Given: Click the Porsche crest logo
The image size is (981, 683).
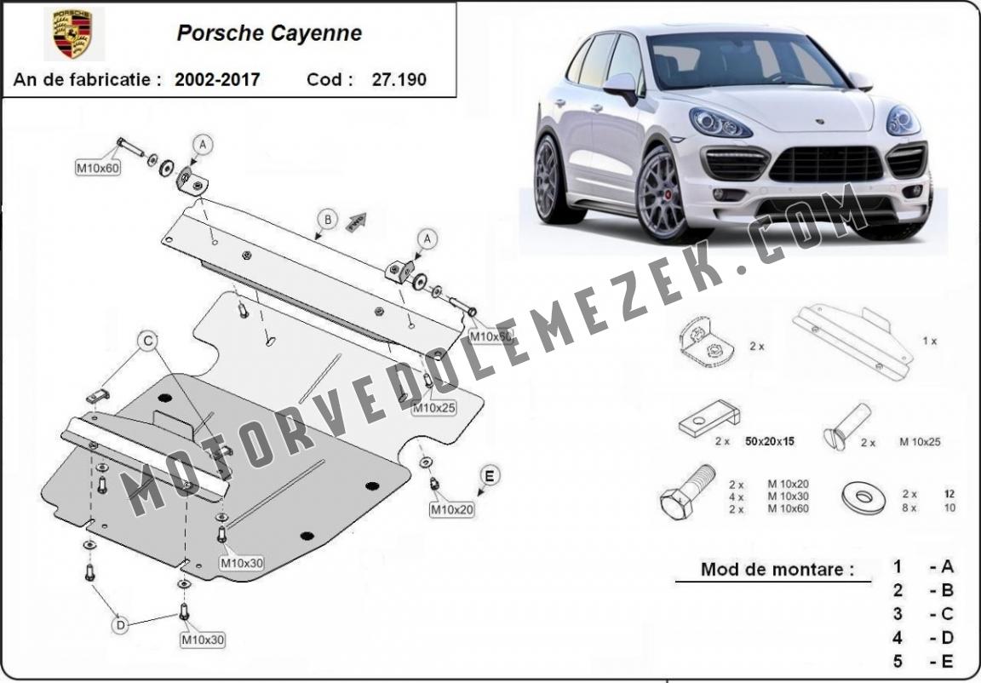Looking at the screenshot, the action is coord(72,34).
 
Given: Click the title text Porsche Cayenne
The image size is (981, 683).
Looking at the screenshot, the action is coord(269,33).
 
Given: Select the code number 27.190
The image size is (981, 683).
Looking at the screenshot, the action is coord(399,79).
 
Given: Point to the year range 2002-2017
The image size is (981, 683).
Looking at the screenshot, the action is coord(217,79).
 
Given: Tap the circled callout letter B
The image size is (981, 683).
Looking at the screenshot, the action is coord(327,220).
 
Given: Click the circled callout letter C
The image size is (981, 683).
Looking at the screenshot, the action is coord(148,341).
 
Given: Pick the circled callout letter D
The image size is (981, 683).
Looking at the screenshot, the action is coord(121,624).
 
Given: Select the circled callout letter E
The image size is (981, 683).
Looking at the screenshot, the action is coord(490,476).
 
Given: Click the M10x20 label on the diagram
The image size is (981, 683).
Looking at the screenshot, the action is coord(451,510).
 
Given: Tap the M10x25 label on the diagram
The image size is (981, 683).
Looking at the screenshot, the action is coord(433,408).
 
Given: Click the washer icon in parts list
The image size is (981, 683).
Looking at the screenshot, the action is coord(864,497).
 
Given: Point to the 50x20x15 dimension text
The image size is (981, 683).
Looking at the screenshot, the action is coord(770,441).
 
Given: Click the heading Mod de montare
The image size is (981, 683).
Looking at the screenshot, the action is coord(777,569).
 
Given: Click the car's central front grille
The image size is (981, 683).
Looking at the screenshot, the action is coord(827,164).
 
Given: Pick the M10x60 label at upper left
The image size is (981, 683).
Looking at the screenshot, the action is coord(98,169).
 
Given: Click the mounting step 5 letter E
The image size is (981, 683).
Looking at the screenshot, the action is coord(947,661).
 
